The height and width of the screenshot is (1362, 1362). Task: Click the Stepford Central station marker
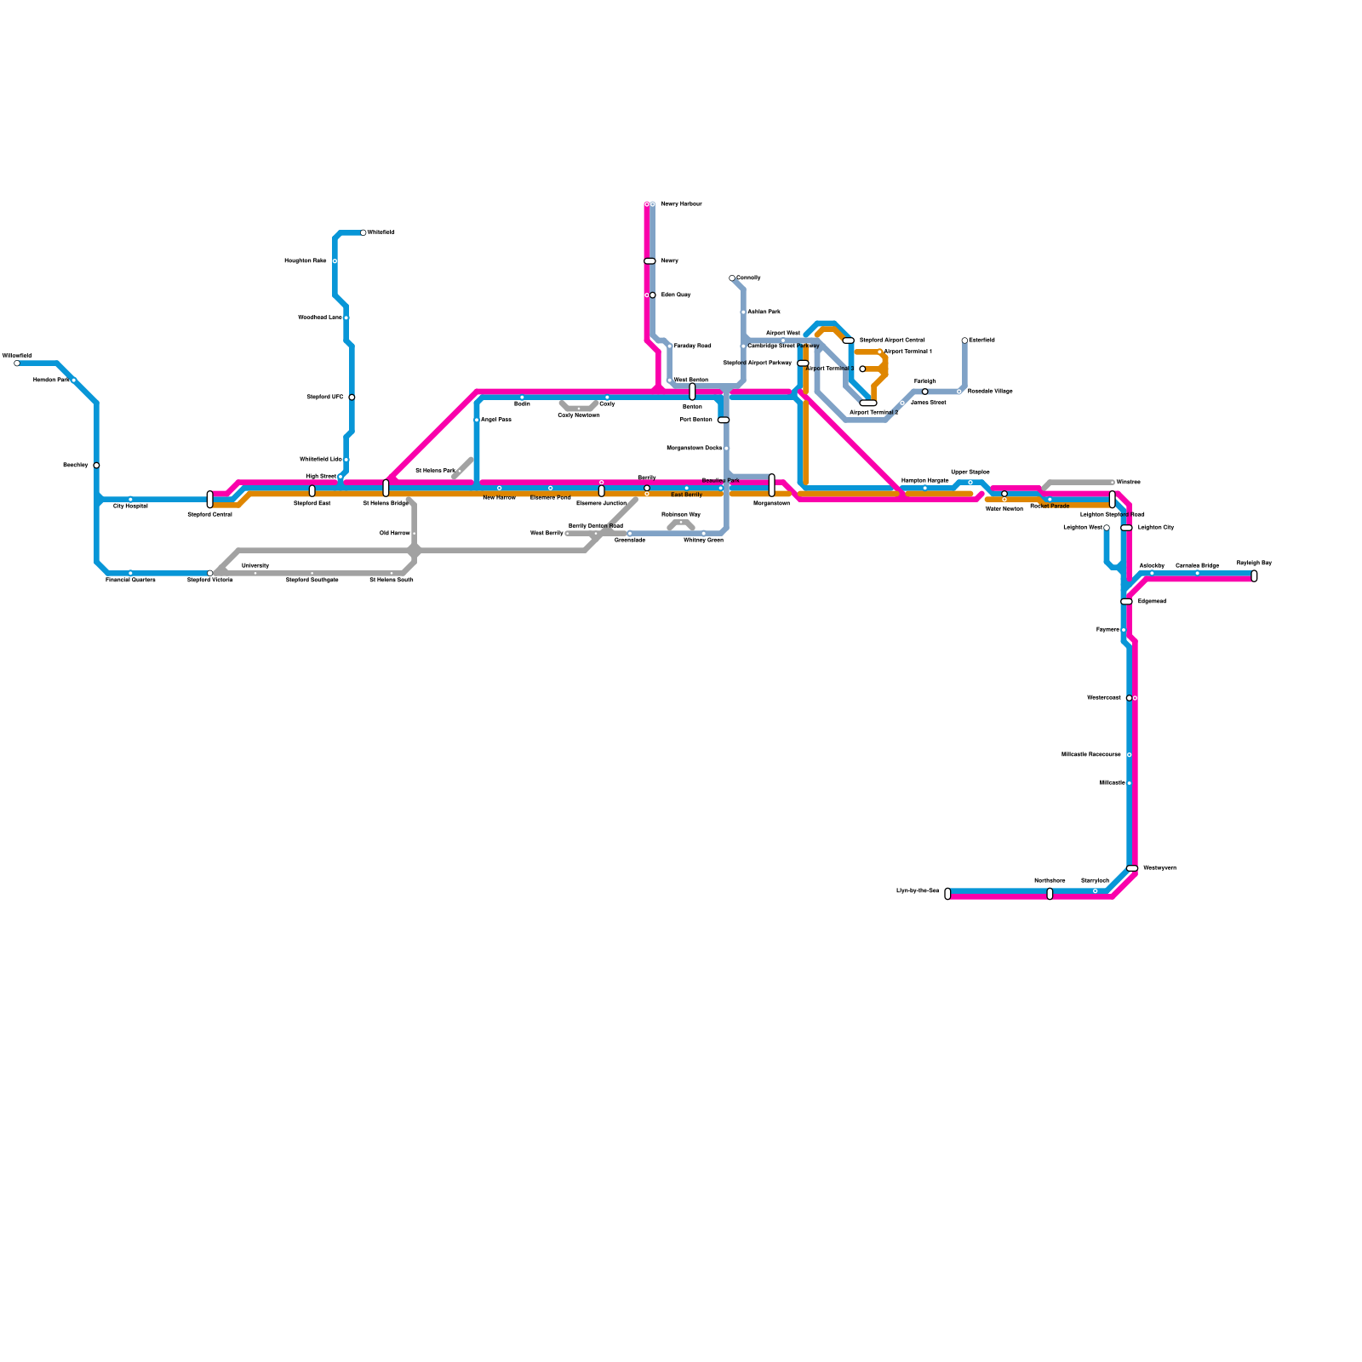210,500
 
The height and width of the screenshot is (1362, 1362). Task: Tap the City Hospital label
130,506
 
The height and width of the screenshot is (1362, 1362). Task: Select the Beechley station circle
96,466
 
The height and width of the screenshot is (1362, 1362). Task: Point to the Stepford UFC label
325,398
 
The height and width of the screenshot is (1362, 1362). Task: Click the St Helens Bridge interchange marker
386,488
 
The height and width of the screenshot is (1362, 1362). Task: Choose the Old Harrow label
394,534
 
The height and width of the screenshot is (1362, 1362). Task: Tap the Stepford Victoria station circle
210,573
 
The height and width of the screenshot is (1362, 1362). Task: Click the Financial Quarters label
130,581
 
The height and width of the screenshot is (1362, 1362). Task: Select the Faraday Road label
692,346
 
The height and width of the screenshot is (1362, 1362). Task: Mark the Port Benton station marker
724,420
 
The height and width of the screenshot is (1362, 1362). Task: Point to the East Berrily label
686,495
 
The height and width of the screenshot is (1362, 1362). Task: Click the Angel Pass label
495,420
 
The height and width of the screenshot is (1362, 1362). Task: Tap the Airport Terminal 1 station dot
879,352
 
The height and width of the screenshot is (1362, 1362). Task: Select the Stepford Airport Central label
891,340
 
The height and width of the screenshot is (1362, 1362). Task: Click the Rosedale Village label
990,392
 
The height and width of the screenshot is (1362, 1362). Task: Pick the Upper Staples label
970,472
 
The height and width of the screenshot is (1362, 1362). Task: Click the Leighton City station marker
1127,528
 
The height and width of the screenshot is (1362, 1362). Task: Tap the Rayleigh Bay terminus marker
1254,576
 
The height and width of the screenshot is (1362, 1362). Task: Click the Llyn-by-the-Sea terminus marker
947,894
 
